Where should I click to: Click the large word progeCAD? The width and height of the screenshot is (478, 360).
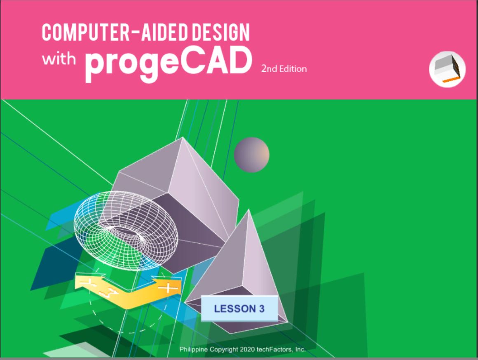[168, 63]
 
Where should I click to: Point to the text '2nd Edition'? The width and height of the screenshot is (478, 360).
[284, 69]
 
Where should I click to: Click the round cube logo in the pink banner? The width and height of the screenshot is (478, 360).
[447, 69]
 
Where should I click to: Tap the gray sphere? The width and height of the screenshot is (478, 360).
[251, 155]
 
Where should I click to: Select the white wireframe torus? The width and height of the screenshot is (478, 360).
[126, 229]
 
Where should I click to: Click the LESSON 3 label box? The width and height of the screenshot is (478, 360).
[239, 308]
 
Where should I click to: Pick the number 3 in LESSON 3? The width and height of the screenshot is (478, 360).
[262, 309]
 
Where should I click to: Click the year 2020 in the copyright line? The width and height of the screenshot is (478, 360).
[247, 349]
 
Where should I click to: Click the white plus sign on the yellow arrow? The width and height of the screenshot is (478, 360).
[167, 288]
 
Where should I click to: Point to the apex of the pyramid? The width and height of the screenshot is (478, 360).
[249, 209]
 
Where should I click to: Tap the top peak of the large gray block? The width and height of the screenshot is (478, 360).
[182, 137]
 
